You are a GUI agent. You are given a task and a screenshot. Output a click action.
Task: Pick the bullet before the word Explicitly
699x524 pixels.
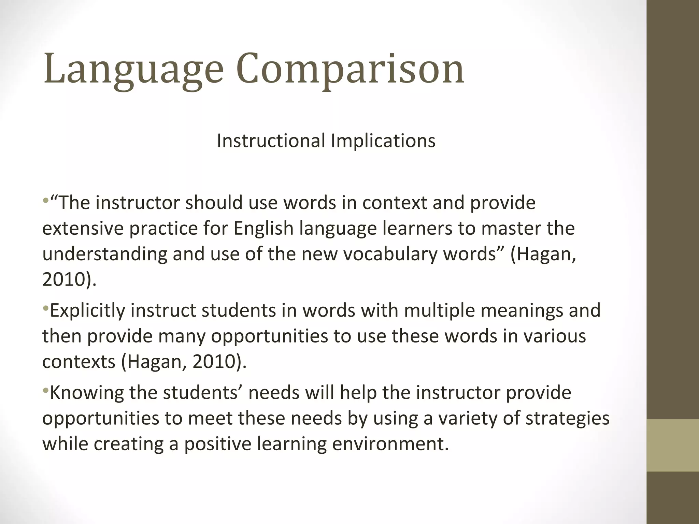pyautogui.click(x=46, y=308)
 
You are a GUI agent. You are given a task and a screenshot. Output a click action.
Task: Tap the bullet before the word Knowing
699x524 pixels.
pyautogui.click(x=46, y=391)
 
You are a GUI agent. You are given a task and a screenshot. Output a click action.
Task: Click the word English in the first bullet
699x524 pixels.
pyautogui.click(x=263, y=228)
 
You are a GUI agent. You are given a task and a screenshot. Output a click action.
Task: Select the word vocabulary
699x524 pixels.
pyautogui.click(x=390, y=254)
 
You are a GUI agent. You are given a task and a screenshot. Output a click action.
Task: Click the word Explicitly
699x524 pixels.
pyautogui.click(x=87, y=310)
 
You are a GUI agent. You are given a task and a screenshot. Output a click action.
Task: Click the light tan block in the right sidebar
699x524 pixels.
pyautogui.click(x=673, y=445)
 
